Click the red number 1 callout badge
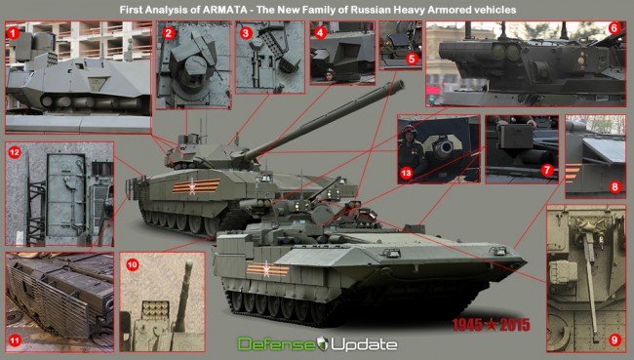13,32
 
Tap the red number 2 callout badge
169,32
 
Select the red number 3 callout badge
246,32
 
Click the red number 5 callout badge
412,59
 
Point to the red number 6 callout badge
614,29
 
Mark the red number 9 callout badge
614,340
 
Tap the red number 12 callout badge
14,153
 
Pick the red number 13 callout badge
407,173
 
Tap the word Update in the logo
361,344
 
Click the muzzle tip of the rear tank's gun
400,84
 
